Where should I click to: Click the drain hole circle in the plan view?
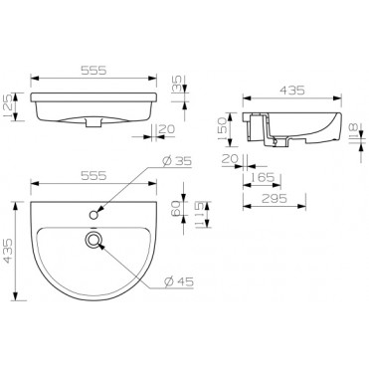click(94, 239)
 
